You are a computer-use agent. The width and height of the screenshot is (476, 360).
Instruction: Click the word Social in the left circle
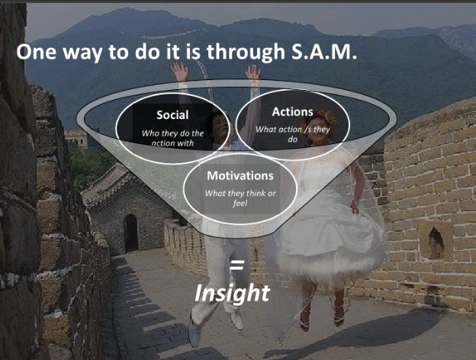(172, 115)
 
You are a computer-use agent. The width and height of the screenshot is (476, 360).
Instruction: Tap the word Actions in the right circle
(292, 111)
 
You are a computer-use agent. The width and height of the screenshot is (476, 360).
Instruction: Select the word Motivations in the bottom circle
(240, 175)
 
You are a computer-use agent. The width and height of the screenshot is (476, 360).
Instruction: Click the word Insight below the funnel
(232, 293)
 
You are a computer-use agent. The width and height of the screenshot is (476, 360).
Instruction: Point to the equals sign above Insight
(236, 265)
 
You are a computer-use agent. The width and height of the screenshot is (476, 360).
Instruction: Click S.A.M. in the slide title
(324, 51)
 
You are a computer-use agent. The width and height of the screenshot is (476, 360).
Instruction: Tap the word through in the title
(246, 52)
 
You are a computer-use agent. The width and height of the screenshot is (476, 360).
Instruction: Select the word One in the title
(37, 52)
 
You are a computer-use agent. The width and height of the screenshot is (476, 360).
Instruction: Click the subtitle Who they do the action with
(172, 138)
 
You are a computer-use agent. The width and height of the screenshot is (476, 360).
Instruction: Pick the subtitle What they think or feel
(240, 198)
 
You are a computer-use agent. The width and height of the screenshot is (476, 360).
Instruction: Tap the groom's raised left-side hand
(180, 72)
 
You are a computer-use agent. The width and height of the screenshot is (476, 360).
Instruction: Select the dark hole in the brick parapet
(436, 242)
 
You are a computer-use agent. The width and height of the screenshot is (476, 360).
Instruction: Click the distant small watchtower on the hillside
(76, 138)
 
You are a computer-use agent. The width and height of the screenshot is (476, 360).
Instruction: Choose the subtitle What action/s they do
(292, 134)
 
